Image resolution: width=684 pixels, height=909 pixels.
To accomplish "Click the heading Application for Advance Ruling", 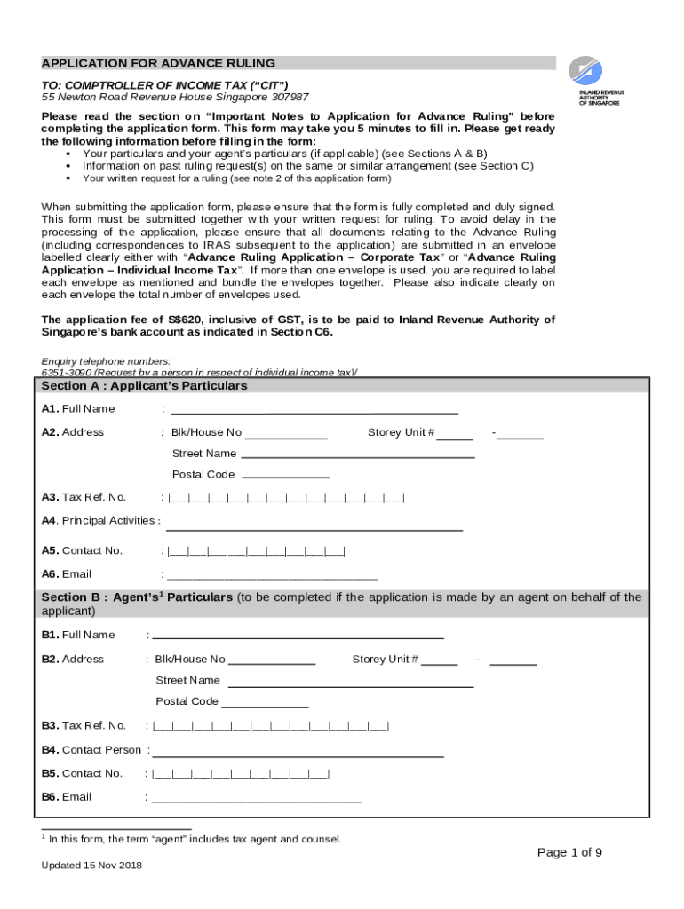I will click(x=158, y=63).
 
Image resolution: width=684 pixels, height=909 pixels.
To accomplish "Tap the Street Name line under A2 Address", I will click(x=357, y=454).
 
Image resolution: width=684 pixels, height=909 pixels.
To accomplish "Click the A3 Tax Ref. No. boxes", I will click(x=285, y=497).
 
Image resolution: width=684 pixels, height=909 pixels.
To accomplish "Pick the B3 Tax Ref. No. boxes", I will click(x=270, y=726).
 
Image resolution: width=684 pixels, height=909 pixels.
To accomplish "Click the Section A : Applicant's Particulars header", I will click(x=145, y=386).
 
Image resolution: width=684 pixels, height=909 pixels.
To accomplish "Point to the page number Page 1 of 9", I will click(x=569, y=853).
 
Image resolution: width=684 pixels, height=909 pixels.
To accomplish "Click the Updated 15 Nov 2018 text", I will click(x=91, y=866).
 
